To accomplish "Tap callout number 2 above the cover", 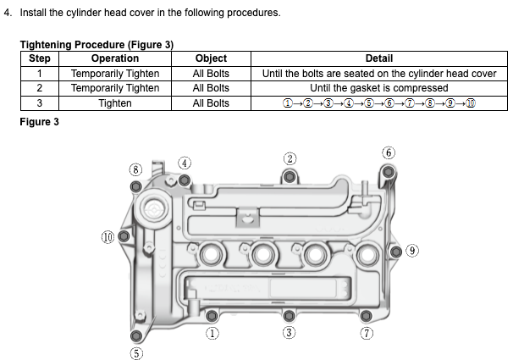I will click(290, 158).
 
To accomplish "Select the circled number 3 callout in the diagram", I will click(289, 333).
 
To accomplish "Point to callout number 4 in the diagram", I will click(185, 163).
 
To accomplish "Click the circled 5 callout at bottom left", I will click(135, 352).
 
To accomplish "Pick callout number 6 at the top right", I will click(389, 153).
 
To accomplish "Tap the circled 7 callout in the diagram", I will click(367, 333).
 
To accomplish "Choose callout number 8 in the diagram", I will click(134, 169).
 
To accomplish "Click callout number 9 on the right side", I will click(412, 250).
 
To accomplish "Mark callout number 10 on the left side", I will click(108, 237).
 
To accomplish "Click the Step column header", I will click(40, 58).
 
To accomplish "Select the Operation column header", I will click(114, 58).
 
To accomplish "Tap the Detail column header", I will click(378, 58).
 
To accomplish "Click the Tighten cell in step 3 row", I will click(114, 103).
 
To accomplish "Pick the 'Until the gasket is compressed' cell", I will click(378, 88).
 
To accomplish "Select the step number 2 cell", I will click(40, 88).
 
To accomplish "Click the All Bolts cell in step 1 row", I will click(211, 74).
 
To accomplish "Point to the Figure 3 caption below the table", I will click(39, 121).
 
